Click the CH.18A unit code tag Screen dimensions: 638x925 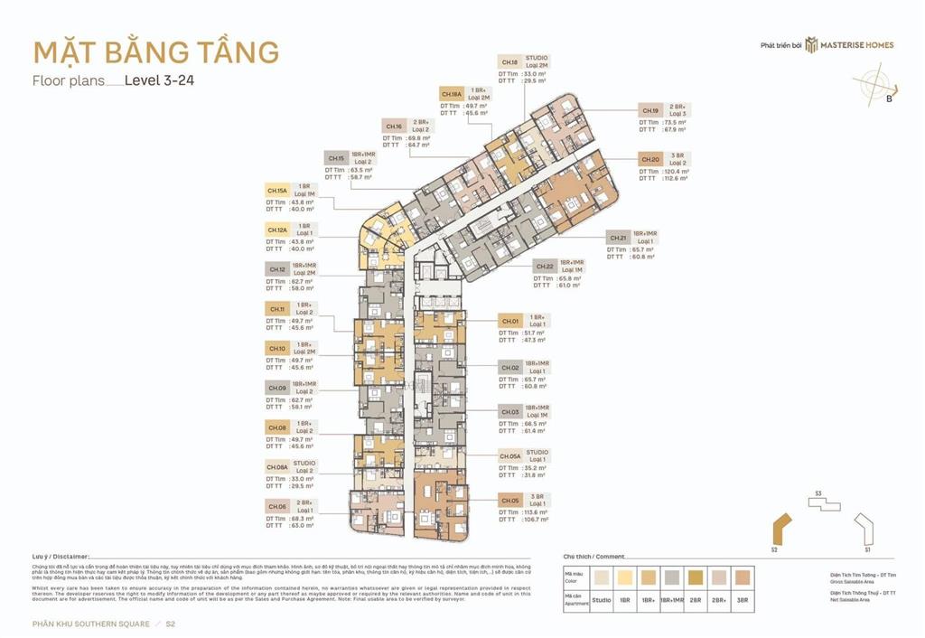(452, 94)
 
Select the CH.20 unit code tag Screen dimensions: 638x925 (650, 159)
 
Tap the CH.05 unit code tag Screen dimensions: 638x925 (509, 499)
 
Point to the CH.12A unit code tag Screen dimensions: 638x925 (276, 230)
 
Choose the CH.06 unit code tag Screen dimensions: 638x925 (276, 506)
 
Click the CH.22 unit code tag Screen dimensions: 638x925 (544, 267)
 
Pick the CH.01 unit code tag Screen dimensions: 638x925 (509, 321)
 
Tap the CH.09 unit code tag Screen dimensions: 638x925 (276, 388)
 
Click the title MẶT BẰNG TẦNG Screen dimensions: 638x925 (155, 52)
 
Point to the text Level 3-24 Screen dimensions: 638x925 (160, 80)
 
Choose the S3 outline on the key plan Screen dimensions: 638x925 (822, 503)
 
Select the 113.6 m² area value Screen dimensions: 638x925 (537, 512)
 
